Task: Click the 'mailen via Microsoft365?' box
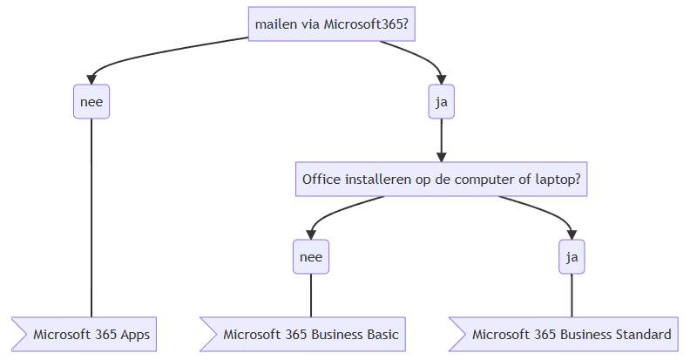coord(331,24)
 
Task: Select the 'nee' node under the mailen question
coord(91,102)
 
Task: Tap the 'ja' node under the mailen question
coord(442,102)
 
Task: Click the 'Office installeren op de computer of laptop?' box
coord(442,179)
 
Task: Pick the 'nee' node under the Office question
coord(311,256)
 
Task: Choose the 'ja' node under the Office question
coord(572,256)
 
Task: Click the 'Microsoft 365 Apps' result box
coord(84,334)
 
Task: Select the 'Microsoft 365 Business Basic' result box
coord(303,334)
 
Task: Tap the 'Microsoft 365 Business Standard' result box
coord(564,334)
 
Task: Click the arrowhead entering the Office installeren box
coord(442,157)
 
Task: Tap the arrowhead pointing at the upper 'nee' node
coord(91,79)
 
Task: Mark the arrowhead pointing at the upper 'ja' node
coord(442,79)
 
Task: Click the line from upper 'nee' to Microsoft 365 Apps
coord(91,218)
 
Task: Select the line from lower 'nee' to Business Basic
coord(311,295)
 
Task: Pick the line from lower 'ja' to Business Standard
coord(572,295)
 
